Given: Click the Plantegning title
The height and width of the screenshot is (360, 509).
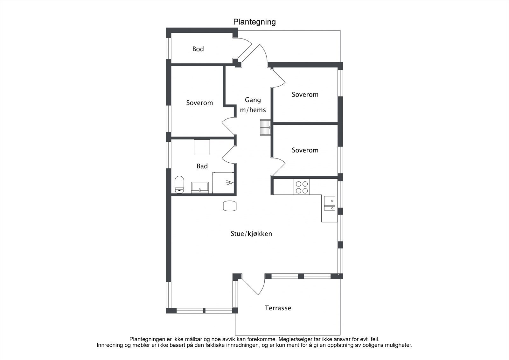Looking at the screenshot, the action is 254,22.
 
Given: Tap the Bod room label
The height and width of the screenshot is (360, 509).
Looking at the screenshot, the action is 198,49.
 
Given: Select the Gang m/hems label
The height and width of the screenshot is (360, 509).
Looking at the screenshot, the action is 253,105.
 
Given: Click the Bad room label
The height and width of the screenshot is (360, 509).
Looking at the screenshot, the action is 202,166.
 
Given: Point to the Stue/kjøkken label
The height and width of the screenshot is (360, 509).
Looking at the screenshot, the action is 251,234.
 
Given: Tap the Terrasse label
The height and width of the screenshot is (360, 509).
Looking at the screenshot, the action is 278,308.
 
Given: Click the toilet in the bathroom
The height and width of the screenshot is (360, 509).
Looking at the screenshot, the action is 179,184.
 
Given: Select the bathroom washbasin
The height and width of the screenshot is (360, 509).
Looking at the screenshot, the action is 200,187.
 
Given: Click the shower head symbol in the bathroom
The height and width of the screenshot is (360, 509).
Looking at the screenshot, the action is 230,182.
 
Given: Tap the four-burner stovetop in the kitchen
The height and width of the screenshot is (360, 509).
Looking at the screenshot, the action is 302,187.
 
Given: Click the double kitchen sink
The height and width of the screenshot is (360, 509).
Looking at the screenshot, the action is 330,203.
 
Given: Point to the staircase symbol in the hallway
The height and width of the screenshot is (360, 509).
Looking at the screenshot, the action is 265,128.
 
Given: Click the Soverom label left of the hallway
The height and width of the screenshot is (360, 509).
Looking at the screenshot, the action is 199,103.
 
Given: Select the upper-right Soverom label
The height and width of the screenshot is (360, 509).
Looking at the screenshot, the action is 305,95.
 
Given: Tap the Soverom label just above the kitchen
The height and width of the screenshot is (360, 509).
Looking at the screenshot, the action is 305,150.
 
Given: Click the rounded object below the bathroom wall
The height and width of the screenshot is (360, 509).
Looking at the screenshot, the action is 230,206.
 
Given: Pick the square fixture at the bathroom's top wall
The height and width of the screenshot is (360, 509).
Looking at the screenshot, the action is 202,147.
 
